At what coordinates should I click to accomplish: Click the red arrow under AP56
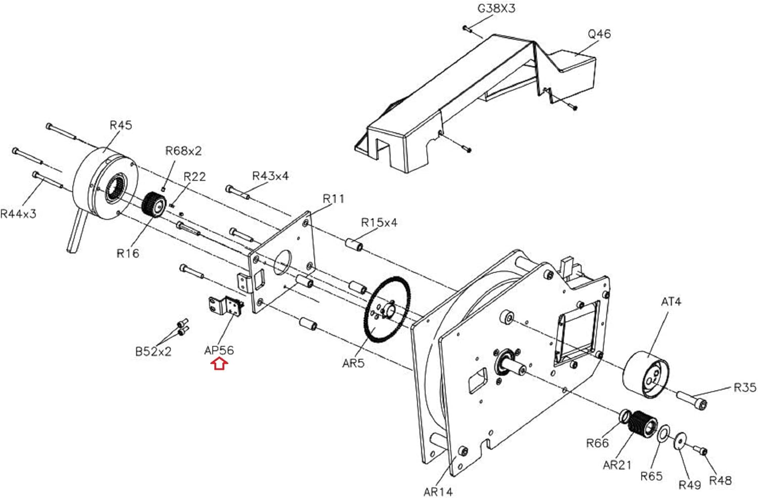tap(219, 364)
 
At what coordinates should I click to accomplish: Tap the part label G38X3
tap(496, 9)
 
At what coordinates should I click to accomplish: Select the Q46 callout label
tap(599, 34)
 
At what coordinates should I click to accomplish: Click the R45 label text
tap(121, 125)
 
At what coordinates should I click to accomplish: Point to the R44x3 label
tap(18, 214)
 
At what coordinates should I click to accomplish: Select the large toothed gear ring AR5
tap(387, 309)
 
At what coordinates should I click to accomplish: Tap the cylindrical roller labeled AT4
tap(646, 374)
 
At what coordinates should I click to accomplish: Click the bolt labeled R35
tap(691, 400)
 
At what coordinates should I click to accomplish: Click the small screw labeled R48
tap(699, 450)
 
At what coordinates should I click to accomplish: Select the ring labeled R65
tap(664, 433)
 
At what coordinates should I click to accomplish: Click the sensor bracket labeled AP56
tap(226, 306)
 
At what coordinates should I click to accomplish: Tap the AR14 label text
tap(438, 491)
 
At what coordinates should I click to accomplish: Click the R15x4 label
tap(379, 223)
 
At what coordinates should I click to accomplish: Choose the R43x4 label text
tap(270, 176)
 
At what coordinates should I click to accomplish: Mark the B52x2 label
tap(153, 352)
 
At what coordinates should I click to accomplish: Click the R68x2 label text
tap(183, 150)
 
